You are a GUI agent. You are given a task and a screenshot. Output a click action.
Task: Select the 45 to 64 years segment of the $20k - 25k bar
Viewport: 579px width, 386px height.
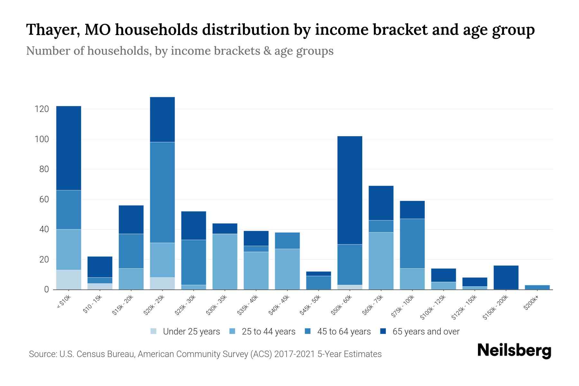(162, 192)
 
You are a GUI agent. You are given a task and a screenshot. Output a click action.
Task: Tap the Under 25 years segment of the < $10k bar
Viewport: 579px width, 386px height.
(69, 280)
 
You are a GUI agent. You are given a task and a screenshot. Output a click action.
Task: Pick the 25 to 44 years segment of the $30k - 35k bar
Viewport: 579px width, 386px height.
(225, 262)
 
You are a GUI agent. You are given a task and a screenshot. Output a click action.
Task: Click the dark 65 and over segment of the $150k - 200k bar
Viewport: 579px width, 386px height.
(506, 277)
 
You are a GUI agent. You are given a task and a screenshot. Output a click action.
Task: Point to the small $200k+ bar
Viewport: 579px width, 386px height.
(537, 287)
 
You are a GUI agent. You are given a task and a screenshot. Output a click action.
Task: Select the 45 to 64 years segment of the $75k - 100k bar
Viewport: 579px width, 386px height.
(412, 244)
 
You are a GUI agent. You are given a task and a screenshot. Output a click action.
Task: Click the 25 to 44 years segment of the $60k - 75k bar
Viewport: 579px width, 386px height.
(381, 261)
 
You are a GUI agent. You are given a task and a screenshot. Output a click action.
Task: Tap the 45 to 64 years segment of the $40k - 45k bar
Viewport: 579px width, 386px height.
(287, 241)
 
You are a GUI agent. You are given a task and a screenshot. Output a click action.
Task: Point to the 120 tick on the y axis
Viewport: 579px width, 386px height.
(41, 109)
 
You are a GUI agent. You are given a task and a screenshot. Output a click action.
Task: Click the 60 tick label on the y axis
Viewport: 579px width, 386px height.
(43, 199)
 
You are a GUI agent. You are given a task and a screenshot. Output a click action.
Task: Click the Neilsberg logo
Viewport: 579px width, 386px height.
(514, 351)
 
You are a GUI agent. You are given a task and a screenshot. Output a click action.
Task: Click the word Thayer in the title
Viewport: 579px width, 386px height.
(51, 30)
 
